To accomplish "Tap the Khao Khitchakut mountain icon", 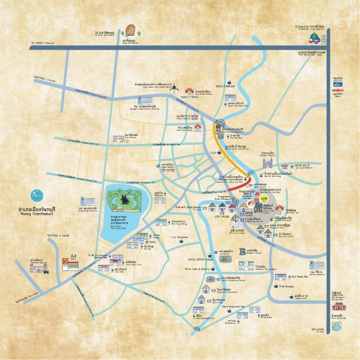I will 130,30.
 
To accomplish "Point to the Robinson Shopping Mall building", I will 245,265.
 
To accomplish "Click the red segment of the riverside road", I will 240,184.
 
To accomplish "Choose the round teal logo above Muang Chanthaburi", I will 37,195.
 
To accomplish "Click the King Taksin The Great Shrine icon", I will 174,89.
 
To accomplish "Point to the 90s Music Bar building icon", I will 280,277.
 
